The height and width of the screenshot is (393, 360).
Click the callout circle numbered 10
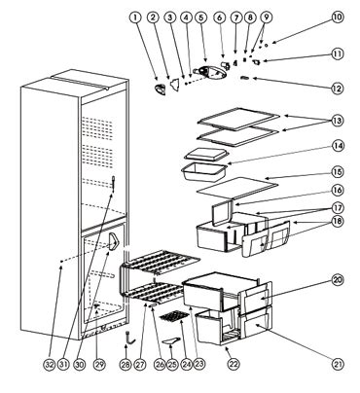coord(338,18)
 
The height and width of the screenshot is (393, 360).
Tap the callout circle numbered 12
coord(338,89)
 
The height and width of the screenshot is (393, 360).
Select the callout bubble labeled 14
coord(338,146)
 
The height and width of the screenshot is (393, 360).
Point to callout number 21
coord(338,365)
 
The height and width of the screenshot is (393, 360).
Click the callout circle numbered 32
coord(50,365)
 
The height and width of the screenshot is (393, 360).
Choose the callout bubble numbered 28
coord(126,365)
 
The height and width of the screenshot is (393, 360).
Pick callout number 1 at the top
coord(135,18)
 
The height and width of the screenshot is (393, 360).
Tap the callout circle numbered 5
coord(201,18)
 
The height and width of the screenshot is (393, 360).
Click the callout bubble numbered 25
coord(172,365)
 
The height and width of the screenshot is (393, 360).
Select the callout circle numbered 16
coord(338,190)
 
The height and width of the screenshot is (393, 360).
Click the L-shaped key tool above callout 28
coord(129,338)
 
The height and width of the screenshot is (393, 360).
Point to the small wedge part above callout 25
coord(171,340)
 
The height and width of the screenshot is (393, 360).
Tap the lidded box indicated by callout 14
coord(205,163)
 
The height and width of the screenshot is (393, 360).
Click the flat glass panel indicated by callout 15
coord(237,188)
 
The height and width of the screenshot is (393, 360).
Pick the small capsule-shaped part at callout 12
coord(244,78)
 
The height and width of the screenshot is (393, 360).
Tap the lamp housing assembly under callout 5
coord(209,71)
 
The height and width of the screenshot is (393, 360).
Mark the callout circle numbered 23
coord(199,365)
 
